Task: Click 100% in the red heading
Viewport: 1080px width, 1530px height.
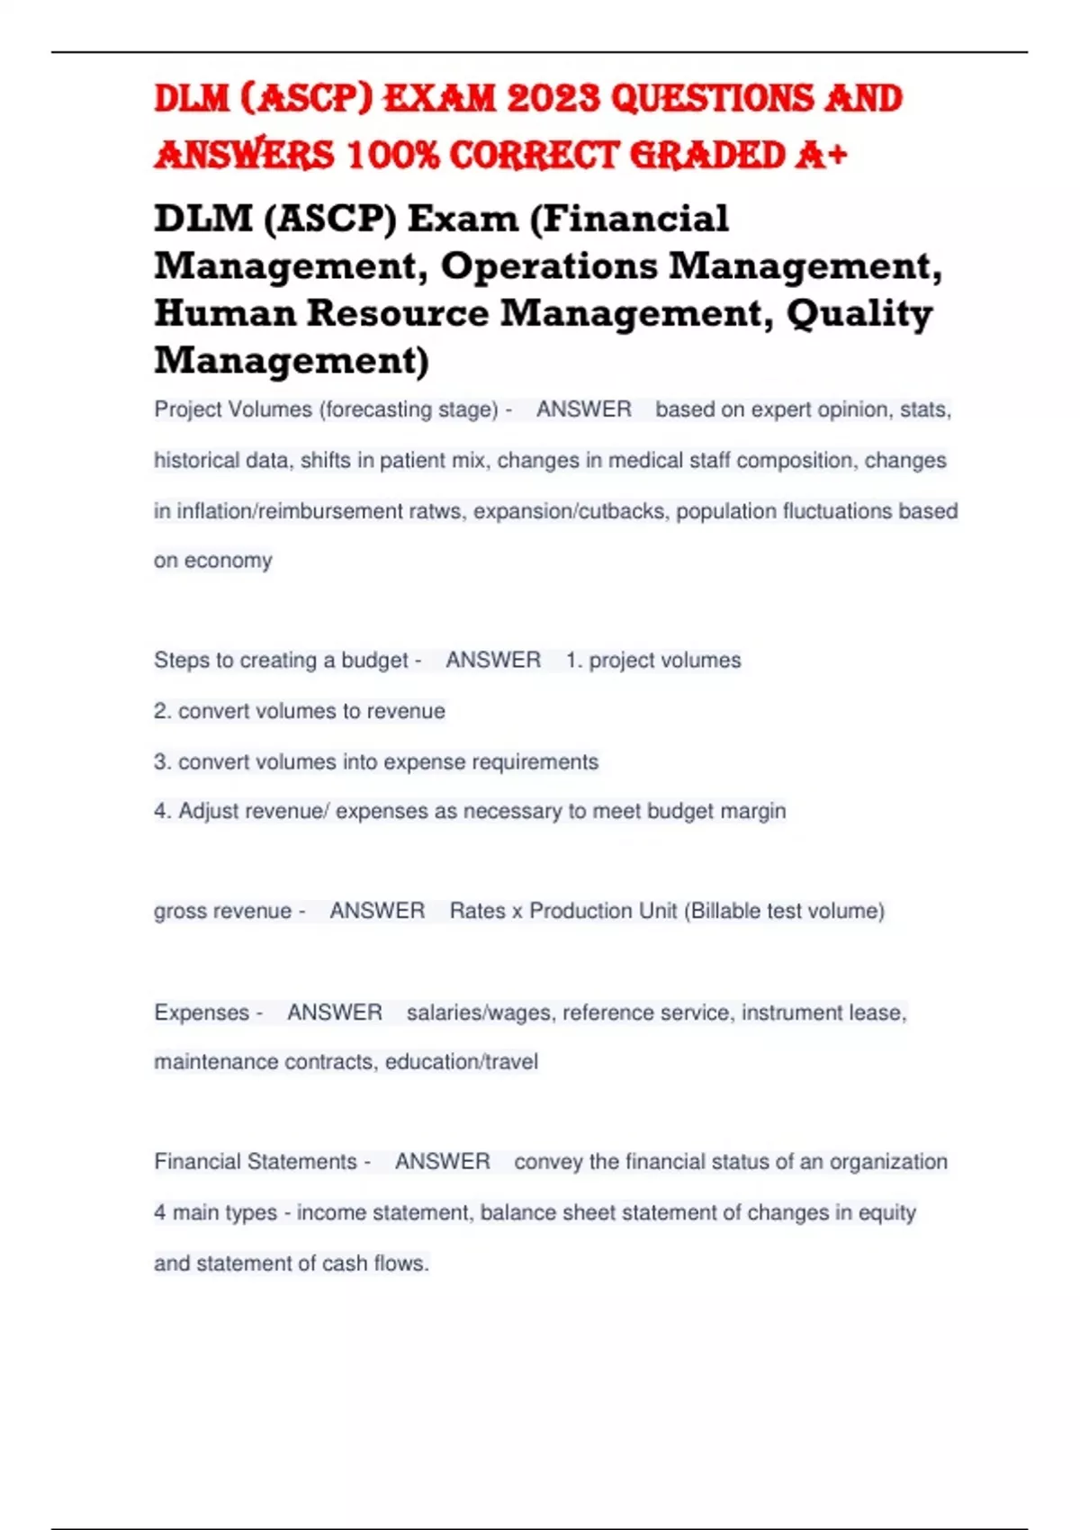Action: tap(392, 155)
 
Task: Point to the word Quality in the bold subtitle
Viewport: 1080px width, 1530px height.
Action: tap(859, 313)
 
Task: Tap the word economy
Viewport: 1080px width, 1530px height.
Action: tap(228, 561)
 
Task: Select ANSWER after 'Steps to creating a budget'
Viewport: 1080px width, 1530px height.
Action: tap(493, 661)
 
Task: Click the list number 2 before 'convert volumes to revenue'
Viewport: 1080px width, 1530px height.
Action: tap(161, 711)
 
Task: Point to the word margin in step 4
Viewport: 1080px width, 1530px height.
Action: tap(754, 812)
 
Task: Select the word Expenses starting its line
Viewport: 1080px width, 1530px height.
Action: tap(202, 1012)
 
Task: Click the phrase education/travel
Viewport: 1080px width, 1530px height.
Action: tap(462, 1062)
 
